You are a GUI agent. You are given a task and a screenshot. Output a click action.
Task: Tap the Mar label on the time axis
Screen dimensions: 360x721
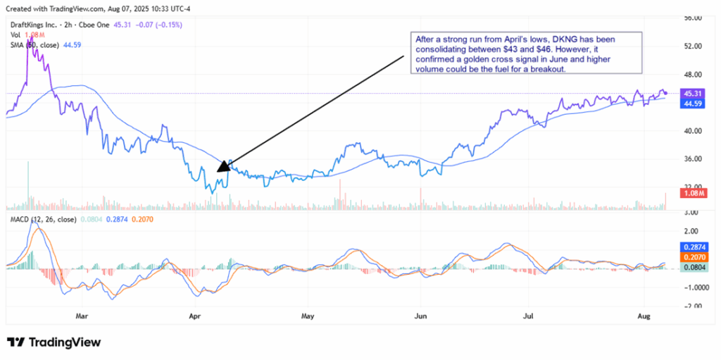tap(83, 317)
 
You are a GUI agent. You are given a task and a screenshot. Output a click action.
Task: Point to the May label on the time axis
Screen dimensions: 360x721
tap(306, 317)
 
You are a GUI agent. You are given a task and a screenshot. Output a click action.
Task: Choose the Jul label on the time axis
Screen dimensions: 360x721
tap(528, 317)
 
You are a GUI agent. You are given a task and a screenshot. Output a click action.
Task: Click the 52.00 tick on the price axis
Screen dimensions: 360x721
tap(693, 46)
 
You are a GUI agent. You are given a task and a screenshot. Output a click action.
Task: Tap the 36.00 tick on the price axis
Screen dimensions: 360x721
tap(693, 159)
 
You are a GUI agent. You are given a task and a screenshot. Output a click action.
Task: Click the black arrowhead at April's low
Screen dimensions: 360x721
tap(222, 166)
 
